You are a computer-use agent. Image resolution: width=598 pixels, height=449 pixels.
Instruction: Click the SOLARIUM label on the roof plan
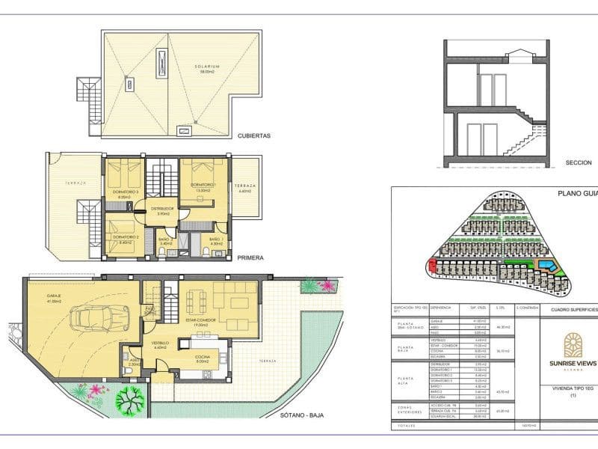pyautogui.click(x=206, y=67)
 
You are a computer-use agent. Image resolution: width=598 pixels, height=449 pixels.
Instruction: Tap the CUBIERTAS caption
pyautogui.click(x=253, y=136)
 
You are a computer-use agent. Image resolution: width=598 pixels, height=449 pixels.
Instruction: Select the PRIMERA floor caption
pyautogui.click(x=250, y=257)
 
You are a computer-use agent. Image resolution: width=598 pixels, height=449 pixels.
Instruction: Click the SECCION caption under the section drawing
pyautogui.click(x=579, y=162)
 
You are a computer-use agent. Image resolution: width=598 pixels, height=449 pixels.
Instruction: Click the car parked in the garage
pyautogui.click(x=97, y=322)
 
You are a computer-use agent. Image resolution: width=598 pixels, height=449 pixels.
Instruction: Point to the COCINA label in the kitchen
pyautogui.click(x=202, y=357)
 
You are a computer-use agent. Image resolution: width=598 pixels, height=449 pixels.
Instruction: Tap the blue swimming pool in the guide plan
pyautogui.click(x=547, y=266)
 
